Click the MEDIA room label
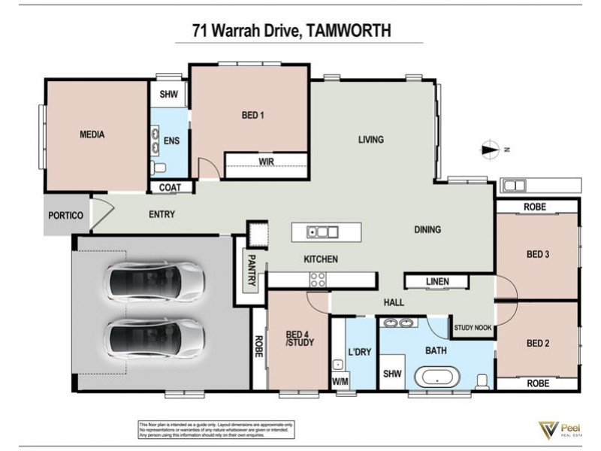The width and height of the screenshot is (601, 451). click(92, 135)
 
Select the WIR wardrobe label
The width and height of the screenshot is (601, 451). click(266, 162)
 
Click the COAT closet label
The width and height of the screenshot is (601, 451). click(171, 187)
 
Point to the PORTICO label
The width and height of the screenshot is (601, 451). click(65, 216)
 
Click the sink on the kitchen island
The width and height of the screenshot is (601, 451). click(322, 232)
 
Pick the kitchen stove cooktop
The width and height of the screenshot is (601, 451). click(318, 280)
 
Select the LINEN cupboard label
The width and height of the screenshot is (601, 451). click(436, 282)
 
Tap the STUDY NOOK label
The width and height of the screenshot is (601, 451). click(473, 328)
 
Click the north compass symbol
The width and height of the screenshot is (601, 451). click(491, 150)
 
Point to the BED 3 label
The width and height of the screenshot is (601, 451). click(538, 255)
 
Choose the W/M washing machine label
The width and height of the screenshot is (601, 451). click(340, 381)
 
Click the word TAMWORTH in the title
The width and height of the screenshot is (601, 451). click(349, 32)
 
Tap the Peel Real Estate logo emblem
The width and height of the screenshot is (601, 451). click(548, 430)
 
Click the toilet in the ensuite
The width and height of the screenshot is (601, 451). click(158, 168)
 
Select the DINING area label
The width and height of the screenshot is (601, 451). click(427, 230)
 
